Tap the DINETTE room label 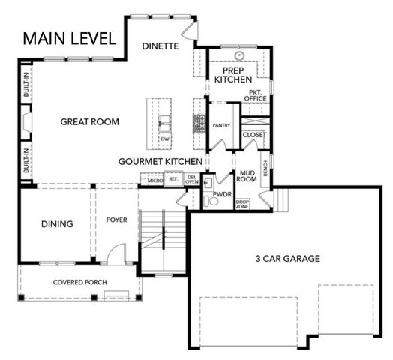pyautogui.click(x=160, y=46)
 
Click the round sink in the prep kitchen pyautogui.click(x=240, y=55)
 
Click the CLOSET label pyautogui.click(x=253, y=135)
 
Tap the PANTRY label pyautogui.click(x=221, y=125)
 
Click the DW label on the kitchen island pyautogui.click(x=165, y=139)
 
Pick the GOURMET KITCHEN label pyautogui.click(x=160, y=161)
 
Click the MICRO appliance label pyautogui.click(x=154, y=180)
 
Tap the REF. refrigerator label pyautogui.click(x=172, y=180)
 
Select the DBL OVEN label pyautogui.click(x=191, y=180)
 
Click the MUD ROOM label pyautogui.click(x=247, y=175)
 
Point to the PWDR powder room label pyautogui.click(x=222, y=193)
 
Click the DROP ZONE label pyautogui.click(x=242, y=204)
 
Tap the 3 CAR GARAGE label pyautogui.click(x=287, y=258)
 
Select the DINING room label pyautogui.click(x=57, y=223)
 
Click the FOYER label pyautogui.click(x=115, y=220)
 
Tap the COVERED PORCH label pyautogui.click(x=79, y=283)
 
